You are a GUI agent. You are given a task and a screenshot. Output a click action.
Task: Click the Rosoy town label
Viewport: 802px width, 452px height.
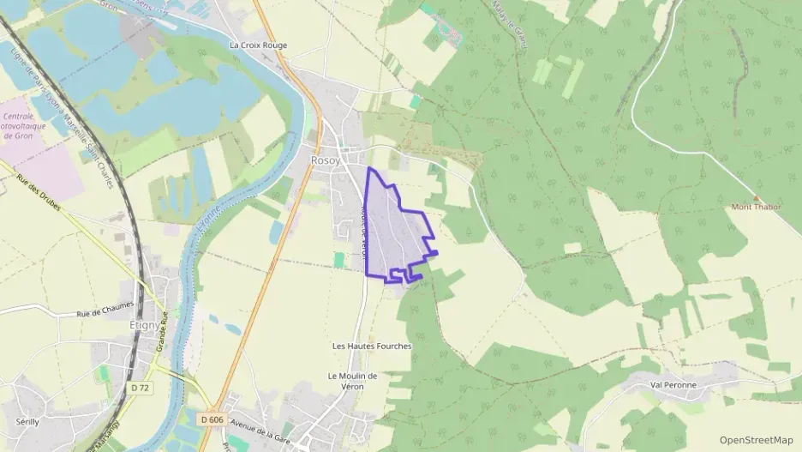pos(325,160)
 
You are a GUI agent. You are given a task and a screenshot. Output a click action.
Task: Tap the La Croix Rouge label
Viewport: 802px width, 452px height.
pos(258,45)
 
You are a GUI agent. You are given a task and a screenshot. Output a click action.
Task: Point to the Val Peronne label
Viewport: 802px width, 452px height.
pos(673,385)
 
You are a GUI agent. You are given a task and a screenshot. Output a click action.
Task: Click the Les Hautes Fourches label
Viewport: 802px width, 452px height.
pos(372,346)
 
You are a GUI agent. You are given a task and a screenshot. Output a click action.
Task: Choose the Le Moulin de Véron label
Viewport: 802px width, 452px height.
pos(352,381)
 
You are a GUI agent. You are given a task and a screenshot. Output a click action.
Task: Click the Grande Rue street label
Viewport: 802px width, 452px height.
pos(160,334)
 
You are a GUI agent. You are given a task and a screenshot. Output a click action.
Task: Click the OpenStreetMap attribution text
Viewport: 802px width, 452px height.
pos(756,440)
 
